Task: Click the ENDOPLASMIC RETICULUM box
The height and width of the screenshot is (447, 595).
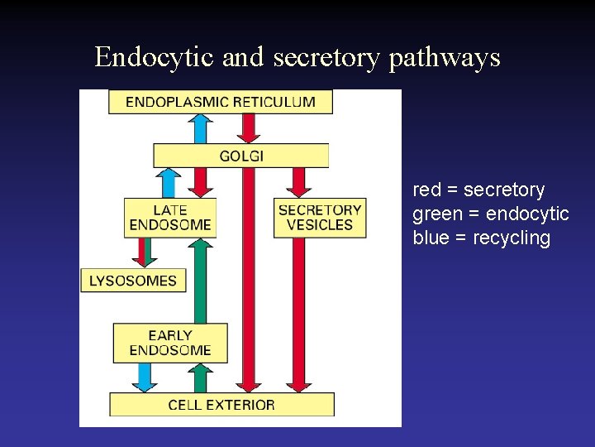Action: click(220, 102)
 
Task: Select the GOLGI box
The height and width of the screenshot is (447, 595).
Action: click(240, 156)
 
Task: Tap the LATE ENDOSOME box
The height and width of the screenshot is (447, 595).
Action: click(170, 217)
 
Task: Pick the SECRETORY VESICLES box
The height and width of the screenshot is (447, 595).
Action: click(320, 217)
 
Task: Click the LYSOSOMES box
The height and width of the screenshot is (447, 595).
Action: click(133, 280)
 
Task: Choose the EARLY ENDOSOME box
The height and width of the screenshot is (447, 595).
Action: click(170, 343)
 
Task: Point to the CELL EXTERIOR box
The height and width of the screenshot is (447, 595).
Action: click(221, 405)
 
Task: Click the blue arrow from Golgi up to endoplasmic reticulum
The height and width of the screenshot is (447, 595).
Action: click(199, 128)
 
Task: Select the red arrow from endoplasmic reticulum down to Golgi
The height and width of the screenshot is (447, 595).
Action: click(248, 128)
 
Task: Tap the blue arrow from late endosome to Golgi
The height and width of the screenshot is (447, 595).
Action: click(169, 182)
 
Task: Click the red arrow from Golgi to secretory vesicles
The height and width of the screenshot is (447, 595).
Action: click(299, 182)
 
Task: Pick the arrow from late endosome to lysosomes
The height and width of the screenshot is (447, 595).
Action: click(145, 252)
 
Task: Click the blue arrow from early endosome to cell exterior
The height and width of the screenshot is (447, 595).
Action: click(145, 377)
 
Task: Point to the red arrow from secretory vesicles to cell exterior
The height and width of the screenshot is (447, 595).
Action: click(299, 315)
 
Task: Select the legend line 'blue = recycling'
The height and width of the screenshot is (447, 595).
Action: click(481, 238)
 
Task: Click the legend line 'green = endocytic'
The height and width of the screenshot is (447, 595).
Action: click(491, 214)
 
